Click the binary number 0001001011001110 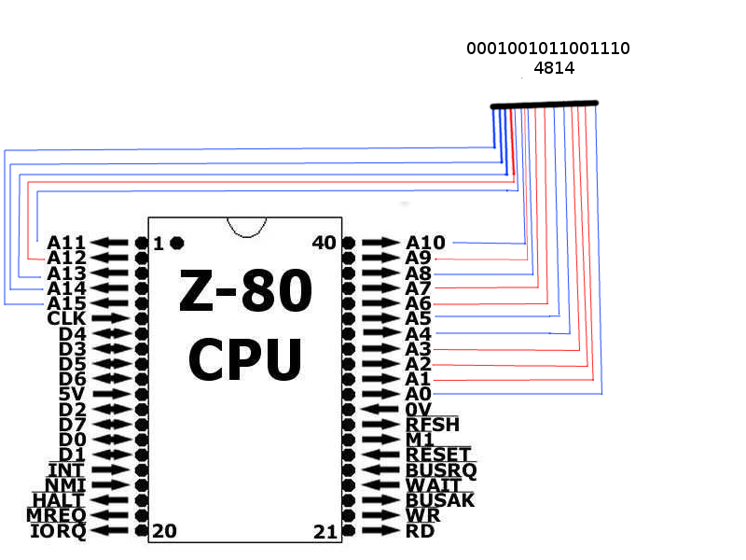tap(548, 49)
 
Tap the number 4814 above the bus tap(554, 68)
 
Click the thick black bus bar tap(545, 105)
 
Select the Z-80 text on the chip tap(245, 289)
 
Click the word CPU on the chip tap(245, 359)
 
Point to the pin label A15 tap(66, 303)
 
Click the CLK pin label tap(66, 318)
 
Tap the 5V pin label tap(73, 394)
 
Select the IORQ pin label tap(58, 531)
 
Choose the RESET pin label tap(437, 455)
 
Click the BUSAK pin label tap(440, 500)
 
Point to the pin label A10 tap(425, 243)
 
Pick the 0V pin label tap(418, 410)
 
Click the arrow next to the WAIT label tap(380, 485)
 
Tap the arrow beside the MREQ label tap(109, 515)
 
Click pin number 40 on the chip tap(324, 243)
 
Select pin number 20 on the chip tap(165, 531)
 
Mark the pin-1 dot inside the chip tap(177, 244)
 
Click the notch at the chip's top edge tap(246, 228)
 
